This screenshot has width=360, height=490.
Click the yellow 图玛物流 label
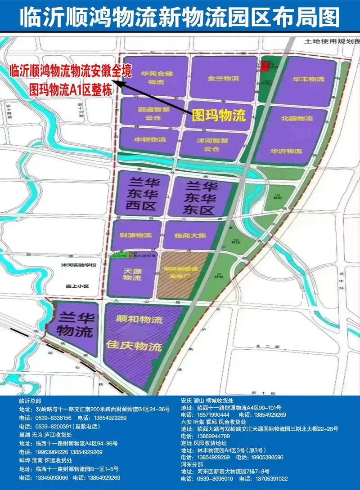219,116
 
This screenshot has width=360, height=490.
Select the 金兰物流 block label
223,78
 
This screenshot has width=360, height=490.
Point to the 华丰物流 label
308,79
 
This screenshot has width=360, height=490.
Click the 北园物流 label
297,118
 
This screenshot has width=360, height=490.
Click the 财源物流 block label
135,235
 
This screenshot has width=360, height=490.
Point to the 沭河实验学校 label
79,266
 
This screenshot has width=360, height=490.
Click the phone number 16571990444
214,414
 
